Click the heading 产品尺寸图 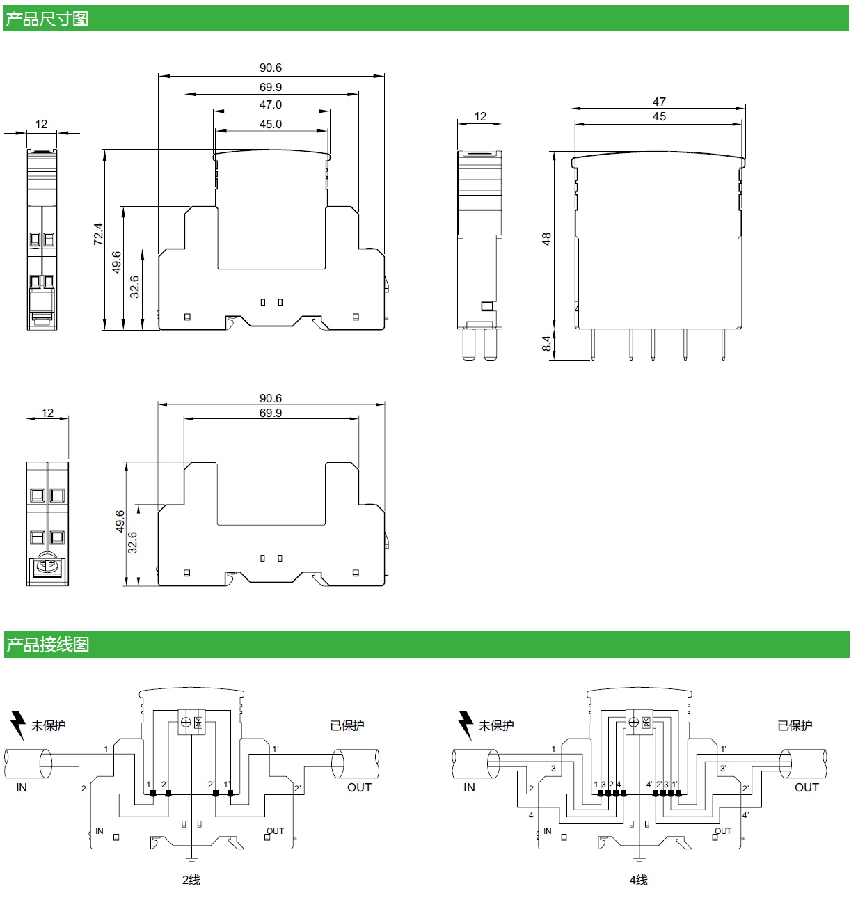coord(47,19)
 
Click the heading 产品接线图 coord(47,645)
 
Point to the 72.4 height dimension coord(98,234)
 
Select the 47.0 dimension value coord(271,104)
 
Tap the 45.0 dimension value coord(271,124)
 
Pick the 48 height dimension coord(547,239)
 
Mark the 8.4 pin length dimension coord(547,343)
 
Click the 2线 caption coord(191,880)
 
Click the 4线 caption coord(639,880)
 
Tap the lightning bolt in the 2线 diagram coord(18,725)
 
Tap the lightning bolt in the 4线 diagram coord(466,725)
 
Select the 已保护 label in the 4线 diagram coord(795,725)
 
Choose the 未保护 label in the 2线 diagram coord(49,725)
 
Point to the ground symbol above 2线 coord(192,862)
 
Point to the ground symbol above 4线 coord(639,862)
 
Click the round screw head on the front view coord(47,565)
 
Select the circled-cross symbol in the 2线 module coord(186,722)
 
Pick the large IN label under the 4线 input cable coord(469,787)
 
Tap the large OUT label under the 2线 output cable coord(359,787)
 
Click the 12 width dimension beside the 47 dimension coord(480,116)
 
